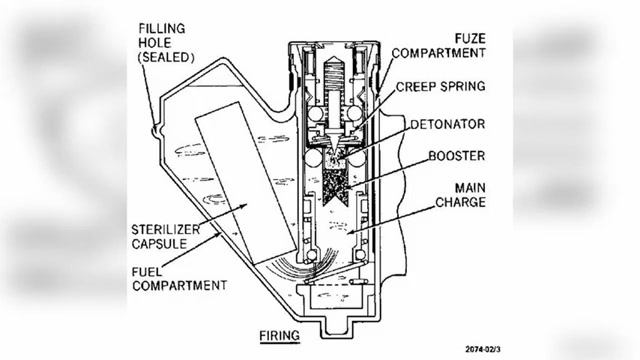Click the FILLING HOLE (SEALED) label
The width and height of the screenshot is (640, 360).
click(166, 43)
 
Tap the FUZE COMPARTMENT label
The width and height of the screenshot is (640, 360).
click(439, 46)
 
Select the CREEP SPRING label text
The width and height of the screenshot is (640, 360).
click(441, 87)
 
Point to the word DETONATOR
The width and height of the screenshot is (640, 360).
click(448, 124)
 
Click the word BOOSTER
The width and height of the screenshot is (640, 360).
click(457, 156)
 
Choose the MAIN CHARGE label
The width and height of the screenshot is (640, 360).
click(460, 195)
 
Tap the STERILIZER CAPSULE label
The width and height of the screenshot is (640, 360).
click(165, 236)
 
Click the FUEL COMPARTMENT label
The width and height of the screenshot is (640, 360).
click(179, 278)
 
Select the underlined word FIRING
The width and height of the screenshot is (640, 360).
click(280, 336)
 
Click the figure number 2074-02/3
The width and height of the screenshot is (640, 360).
click(483, 349)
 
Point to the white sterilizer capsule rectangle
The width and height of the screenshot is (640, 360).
click(246, 183)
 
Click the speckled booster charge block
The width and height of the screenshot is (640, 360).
click(336, 187)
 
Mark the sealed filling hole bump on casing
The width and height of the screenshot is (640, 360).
click(156, 131)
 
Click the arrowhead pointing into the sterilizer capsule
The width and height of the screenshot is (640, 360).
click(244, 205)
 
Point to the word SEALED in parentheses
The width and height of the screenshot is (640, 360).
click(166, 58)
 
